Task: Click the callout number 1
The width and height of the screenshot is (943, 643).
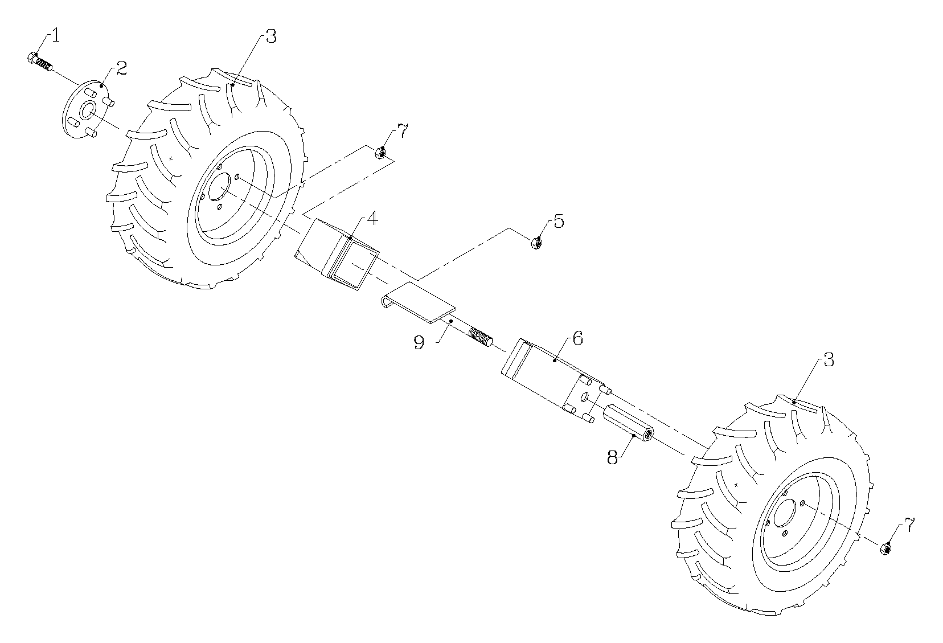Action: (x=55, y=35)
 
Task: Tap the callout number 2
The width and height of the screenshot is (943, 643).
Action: (x=121, y=69)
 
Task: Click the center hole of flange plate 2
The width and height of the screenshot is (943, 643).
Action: (x=88, y=110)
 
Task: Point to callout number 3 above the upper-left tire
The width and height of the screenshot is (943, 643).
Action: (x=271, y=36)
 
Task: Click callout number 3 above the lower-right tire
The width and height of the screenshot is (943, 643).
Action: (x=828, y=360)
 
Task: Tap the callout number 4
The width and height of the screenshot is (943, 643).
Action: (x=372, y=218)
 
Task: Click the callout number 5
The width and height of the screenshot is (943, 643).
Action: (x=558, y=222)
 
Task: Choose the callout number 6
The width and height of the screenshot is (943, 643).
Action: (x=577, y=338)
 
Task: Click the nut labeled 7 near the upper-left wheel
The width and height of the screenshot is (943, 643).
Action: (x=380, y=153)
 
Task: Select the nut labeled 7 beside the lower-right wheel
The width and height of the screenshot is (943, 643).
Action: (x=885, y=548)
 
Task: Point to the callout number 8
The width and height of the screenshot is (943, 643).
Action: (x=612, y=457)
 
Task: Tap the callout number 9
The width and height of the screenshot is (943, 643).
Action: (x=419, y=343)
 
